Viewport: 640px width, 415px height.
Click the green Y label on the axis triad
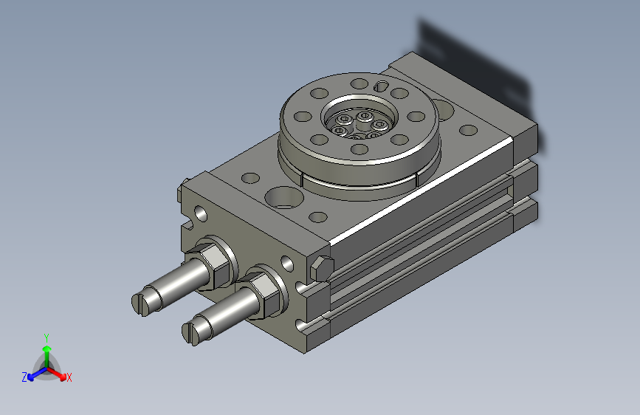click(x=47, y=338)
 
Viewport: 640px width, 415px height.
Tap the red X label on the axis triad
click(x=69, y=377)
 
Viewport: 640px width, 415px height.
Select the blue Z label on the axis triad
click(x=24, y=377)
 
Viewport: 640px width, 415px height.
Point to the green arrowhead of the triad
click(x=47, y=349)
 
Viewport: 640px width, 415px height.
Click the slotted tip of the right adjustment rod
click(x=191, y=332)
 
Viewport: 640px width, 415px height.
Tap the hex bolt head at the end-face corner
click(x=322, y=268)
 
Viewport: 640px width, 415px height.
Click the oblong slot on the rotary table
click(x=381, y=86)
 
